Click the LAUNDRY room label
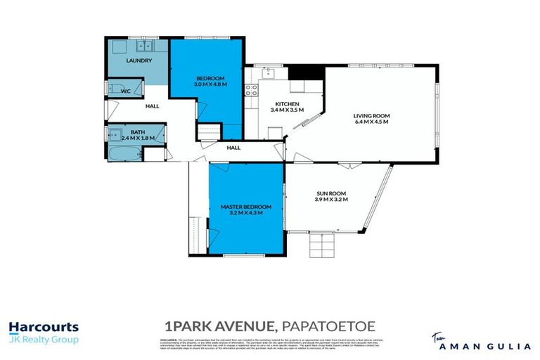pyautogui.click(x=139, y=61)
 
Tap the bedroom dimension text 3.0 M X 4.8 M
pyautogui.click(x=209, y=84)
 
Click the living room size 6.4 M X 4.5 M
pyautogui.click(x=371, y=122)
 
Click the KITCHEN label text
pyautogui.click(x=287, y=104)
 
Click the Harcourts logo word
pyautogui.click(x=44, y=327)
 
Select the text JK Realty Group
pyautogui.click(x=44, y=340)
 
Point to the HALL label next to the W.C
pyautogui.click(x=152, y=106)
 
